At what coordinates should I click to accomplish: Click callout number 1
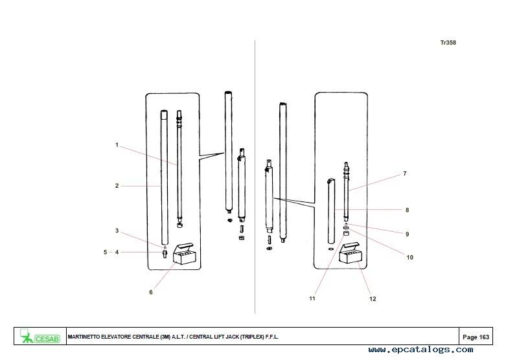point(117,145)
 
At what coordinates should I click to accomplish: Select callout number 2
point(117,186)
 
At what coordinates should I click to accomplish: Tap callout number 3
point(117,231)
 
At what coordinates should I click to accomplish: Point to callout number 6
point(151,292)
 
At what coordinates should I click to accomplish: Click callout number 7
point(405,174)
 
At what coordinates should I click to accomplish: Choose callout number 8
point(408,210)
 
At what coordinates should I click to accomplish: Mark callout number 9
point(408,234)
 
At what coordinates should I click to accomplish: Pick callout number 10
point(410,258)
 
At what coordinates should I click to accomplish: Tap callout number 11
point(312,298)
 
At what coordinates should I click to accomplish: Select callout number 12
point(373,299)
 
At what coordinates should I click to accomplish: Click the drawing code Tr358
point(448,43)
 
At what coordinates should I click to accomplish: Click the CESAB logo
point(40,336)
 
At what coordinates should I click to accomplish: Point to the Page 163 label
point(476,337)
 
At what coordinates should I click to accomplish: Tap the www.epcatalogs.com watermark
point(421,350)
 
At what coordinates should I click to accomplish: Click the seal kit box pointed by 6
point(185,254)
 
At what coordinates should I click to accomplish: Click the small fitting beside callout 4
point(165,254)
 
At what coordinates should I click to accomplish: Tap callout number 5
point(105,253)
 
